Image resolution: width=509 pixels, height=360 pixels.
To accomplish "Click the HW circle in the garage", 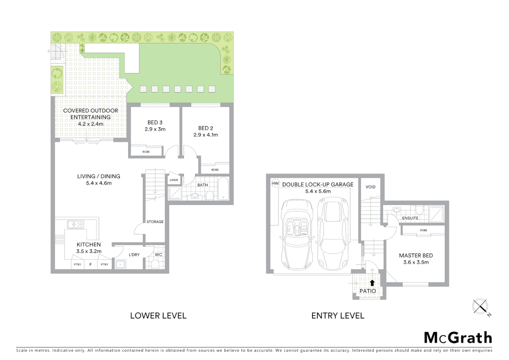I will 275,183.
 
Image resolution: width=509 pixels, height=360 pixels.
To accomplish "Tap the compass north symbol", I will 480,306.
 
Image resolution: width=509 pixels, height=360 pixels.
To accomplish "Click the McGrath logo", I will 458,338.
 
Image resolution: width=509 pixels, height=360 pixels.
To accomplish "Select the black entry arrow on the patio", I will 372,283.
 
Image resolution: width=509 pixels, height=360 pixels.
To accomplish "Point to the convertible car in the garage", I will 296,235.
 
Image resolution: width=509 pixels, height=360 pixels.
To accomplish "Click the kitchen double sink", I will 76,224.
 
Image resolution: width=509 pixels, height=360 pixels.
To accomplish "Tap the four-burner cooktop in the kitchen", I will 60,239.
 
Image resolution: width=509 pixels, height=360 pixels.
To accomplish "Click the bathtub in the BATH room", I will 223,189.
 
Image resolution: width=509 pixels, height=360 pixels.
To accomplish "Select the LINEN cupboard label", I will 174,180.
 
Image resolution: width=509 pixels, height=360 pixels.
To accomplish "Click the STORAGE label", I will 155,222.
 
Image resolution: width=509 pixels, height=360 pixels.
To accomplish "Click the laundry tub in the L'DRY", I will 120,265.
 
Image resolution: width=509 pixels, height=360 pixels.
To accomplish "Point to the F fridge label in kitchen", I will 91,264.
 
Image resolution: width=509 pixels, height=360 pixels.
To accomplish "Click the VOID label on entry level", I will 370,187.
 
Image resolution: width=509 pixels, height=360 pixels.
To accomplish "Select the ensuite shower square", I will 436,214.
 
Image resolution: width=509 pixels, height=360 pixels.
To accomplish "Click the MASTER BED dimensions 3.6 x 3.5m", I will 416,262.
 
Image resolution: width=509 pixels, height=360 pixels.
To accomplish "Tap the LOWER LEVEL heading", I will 158,316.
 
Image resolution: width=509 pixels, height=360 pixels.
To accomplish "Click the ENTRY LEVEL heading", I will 338,316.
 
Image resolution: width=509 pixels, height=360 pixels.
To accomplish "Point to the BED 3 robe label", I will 146,152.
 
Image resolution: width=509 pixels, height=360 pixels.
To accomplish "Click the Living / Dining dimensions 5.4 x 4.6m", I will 99,183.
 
